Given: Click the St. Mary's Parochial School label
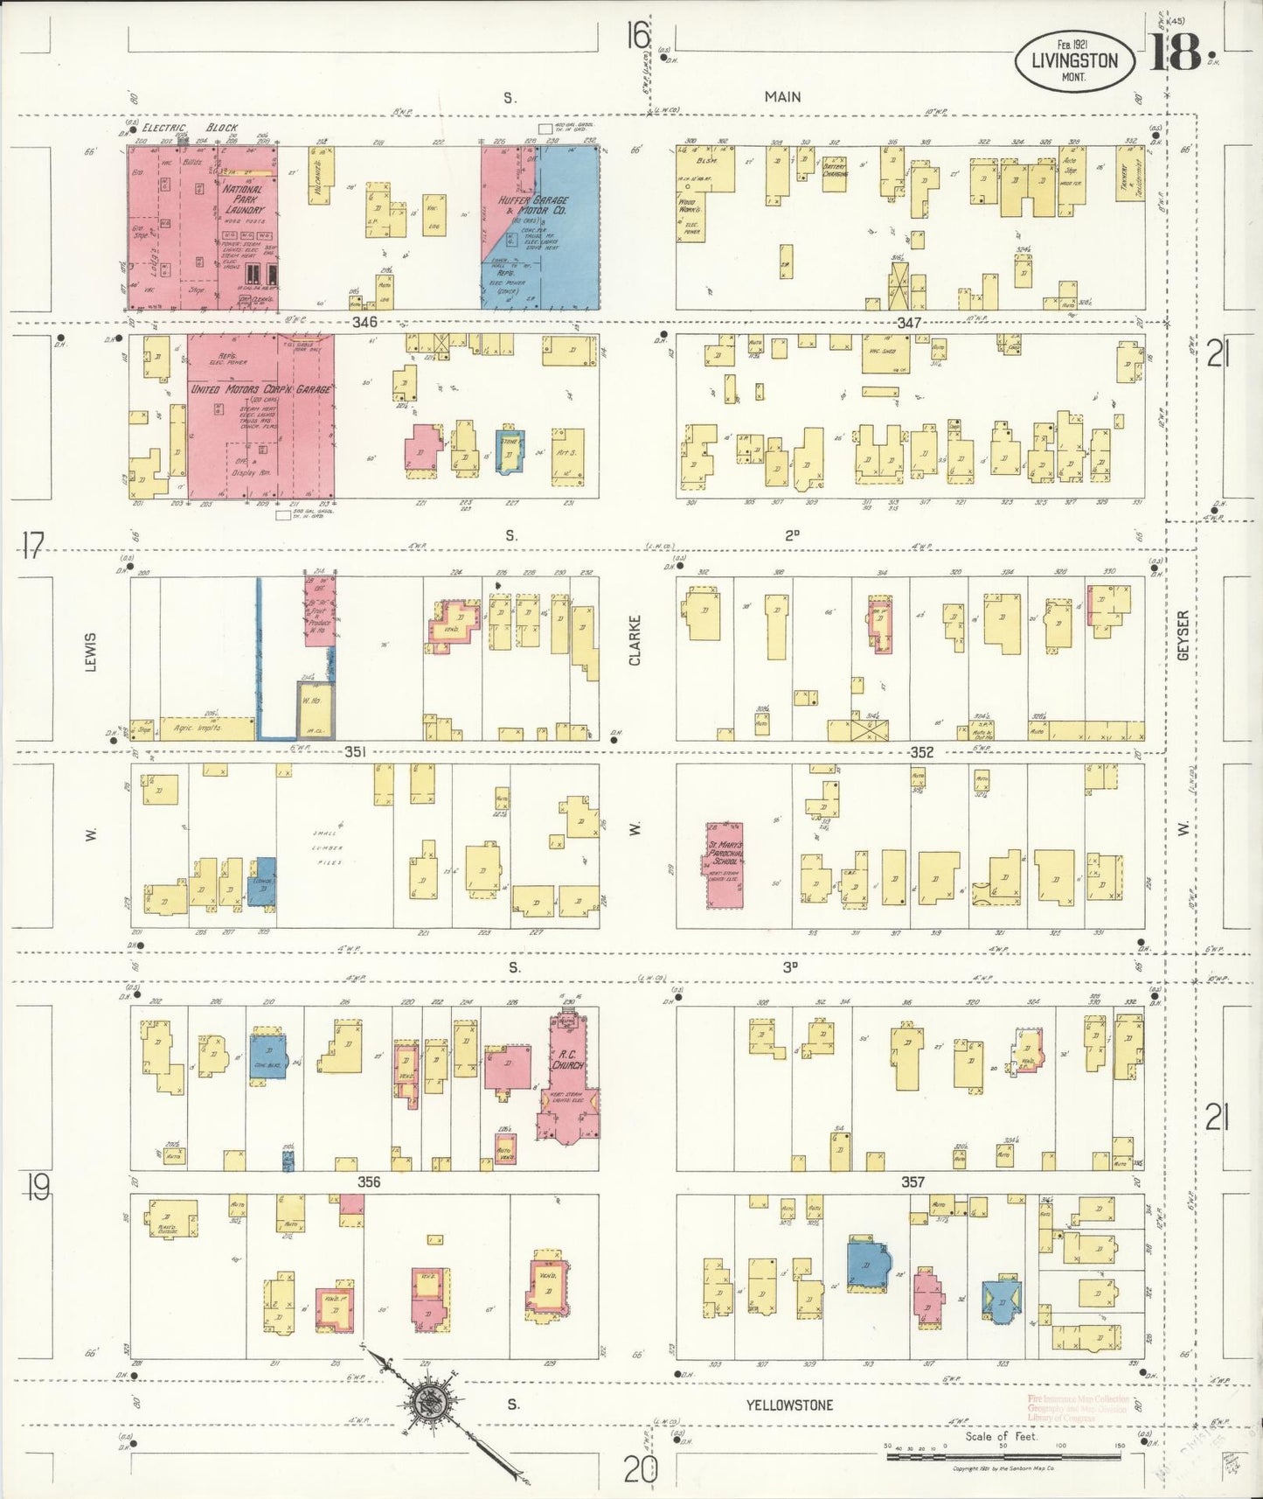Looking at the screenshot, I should click(x=725, y=852).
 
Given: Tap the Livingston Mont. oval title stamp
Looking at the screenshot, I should click(x=1074, y=60).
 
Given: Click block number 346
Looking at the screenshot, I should click(x=364, y=322).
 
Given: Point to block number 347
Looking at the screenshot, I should click(x=909, y=323).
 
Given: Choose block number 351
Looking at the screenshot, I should click(x=354, y=751).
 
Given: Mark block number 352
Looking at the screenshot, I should click(x=921, y=752).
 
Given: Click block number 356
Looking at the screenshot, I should click(x=369, y=1182).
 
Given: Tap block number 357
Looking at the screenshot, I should click(x=913, y=1182).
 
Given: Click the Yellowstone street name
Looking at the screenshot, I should click(x=788, y=1405).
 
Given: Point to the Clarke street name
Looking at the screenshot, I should click(x=635, y=640).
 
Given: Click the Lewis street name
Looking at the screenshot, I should click(x=90, y=652).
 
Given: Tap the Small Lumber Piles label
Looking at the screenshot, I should click(x=328, y=848).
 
